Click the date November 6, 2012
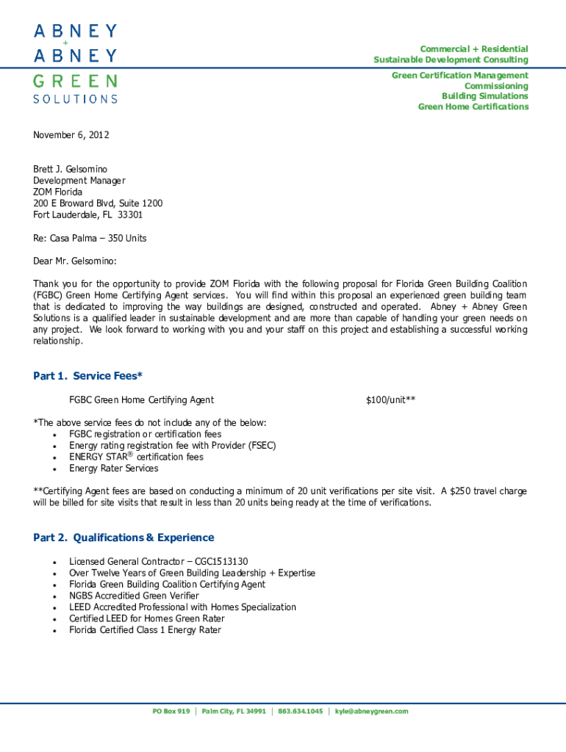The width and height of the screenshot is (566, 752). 71,135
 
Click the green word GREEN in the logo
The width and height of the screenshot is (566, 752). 74,81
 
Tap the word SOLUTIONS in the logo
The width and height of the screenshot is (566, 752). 74,98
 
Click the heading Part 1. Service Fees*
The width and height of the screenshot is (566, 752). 87,376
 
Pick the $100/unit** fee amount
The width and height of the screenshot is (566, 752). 390,400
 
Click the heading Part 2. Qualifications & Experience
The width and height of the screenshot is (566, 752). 123,538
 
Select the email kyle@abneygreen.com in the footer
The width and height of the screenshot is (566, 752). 371,712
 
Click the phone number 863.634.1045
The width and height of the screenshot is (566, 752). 300,712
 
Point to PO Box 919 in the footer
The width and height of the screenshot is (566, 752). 171,712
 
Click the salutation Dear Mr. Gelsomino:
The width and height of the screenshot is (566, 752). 75,261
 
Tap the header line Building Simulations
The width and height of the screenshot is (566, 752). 484,96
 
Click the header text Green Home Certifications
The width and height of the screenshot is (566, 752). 473,106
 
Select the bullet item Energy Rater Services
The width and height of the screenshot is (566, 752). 113,469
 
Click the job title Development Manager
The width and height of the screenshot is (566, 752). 79,181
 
